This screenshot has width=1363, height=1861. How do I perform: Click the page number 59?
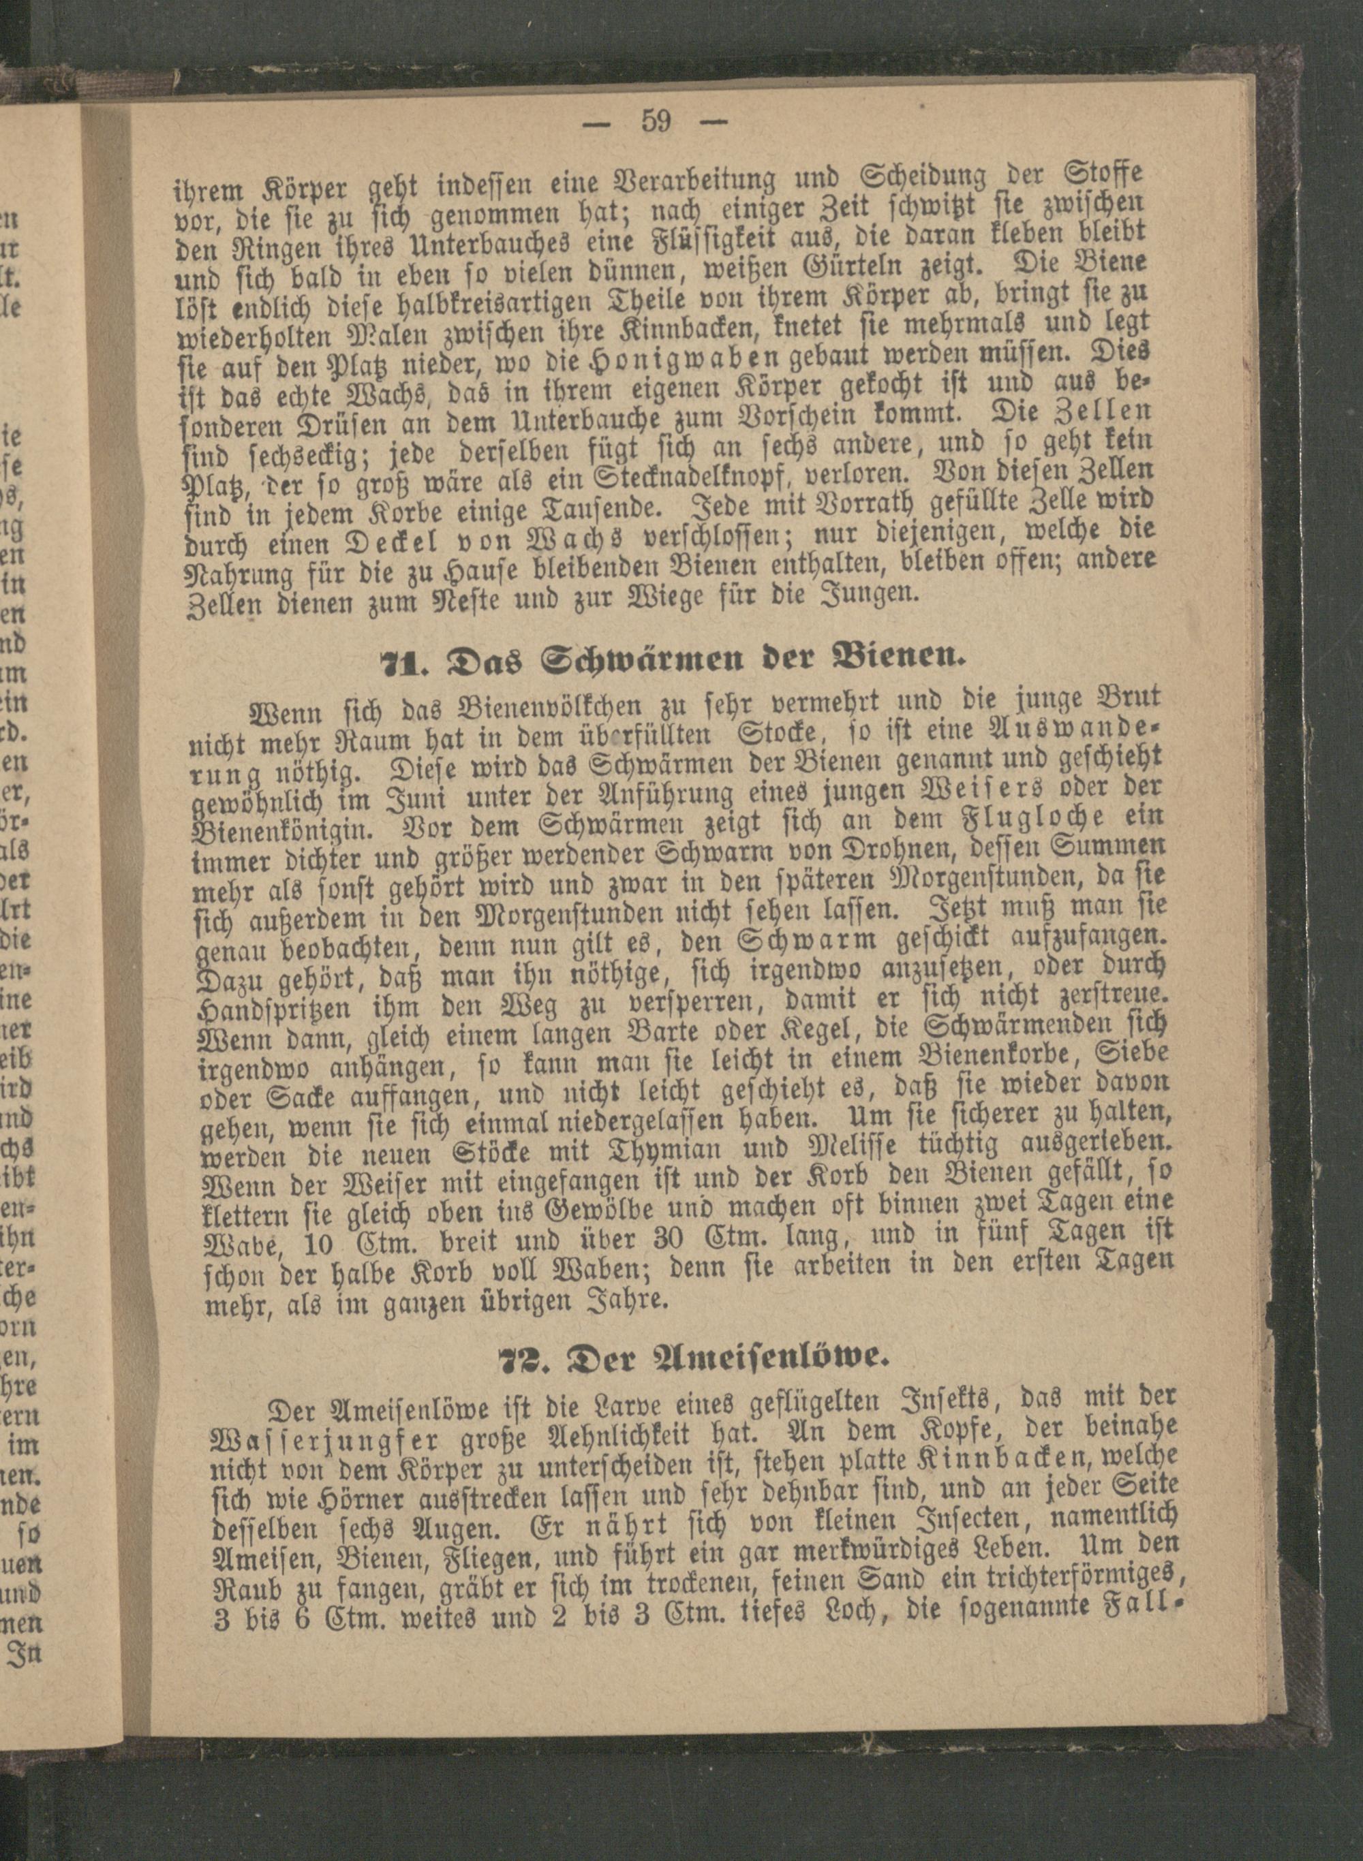(656, 122)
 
